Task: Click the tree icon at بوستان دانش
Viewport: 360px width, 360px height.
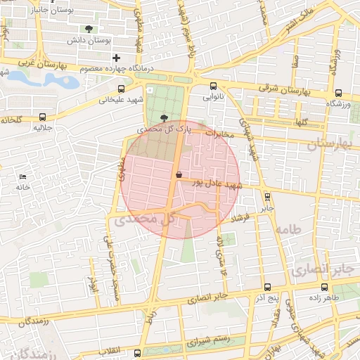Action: [89, 29]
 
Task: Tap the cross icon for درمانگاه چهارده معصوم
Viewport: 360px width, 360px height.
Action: [117, 57]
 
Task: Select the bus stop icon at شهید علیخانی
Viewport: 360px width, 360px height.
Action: [122, 89]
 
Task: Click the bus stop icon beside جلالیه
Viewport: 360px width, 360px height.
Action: [44, 117]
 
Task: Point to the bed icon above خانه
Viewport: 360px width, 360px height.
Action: [24, 175]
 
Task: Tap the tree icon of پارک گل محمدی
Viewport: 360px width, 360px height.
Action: [165, 118]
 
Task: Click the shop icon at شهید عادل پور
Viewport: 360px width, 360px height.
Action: [178, 173]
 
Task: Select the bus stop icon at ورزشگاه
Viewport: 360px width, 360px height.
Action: [340, 93]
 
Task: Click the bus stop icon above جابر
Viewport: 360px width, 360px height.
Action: [266, 197]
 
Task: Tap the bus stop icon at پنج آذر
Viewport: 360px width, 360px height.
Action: [268, 287]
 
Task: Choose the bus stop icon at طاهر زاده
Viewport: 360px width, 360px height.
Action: [324, 287]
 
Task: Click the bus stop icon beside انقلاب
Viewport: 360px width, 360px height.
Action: [137, 351]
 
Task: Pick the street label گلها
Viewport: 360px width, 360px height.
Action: [302, 122]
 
